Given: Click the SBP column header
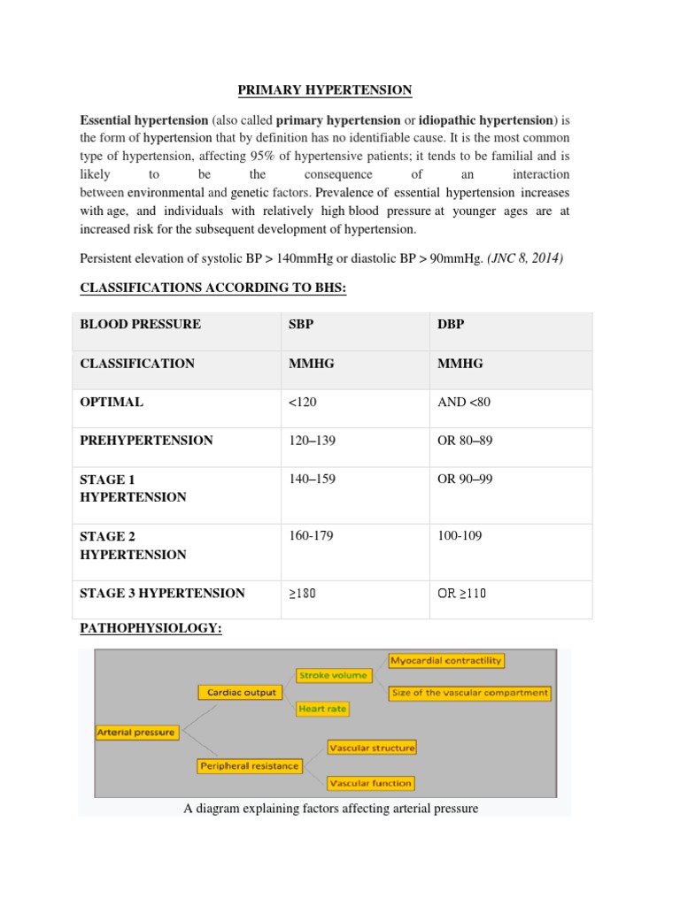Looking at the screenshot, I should click(301, 324).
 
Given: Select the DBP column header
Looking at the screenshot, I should click(451, 324).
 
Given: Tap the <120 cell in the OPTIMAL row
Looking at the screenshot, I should click(303, 402).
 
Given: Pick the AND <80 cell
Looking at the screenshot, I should click(464, 402).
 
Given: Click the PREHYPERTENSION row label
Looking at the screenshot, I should click(146, 440).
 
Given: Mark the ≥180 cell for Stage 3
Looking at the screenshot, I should click(302, 593).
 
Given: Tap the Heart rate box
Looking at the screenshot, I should click(323, 709).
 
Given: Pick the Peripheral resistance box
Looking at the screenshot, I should click(250, 765).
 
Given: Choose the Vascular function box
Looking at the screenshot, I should click(370, 783).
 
